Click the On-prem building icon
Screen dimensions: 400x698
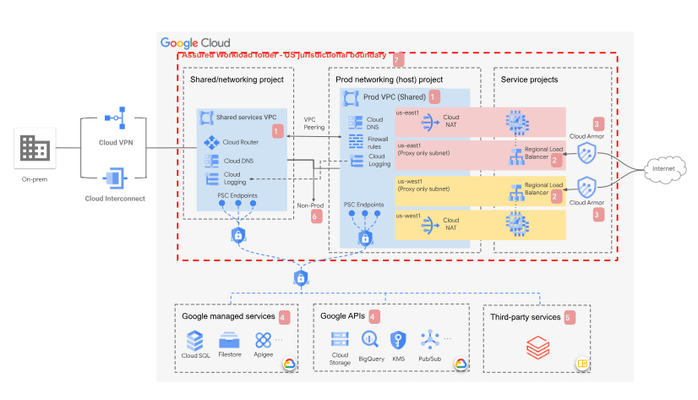(x=35, y=150)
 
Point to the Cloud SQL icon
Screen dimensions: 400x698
(x=195, y=340)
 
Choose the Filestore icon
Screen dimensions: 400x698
(x=230, y=340)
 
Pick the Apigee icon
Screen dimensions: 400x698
(x=263, y=340)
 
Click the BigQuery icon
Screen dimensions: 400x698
(x=369, y=339)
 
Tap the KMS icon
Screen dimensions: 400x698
(x=397, y=339)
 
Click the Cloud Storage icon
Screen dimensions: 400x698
(x=339, y=339)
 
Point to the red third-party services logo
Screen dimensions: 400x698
(x=537, y=346)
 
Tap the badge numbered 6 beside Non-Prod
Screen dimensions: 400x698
(x=316, y=216)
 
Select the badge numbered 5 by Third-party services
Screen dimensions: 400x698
(x=568, y=317)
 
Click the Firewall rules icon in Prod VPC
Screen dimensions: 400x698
(x=356, y=140)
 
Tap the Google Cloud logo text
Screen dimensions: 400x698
(x=195, y=42)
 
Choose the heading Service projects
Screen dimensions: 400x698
(x=529, y=79)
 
